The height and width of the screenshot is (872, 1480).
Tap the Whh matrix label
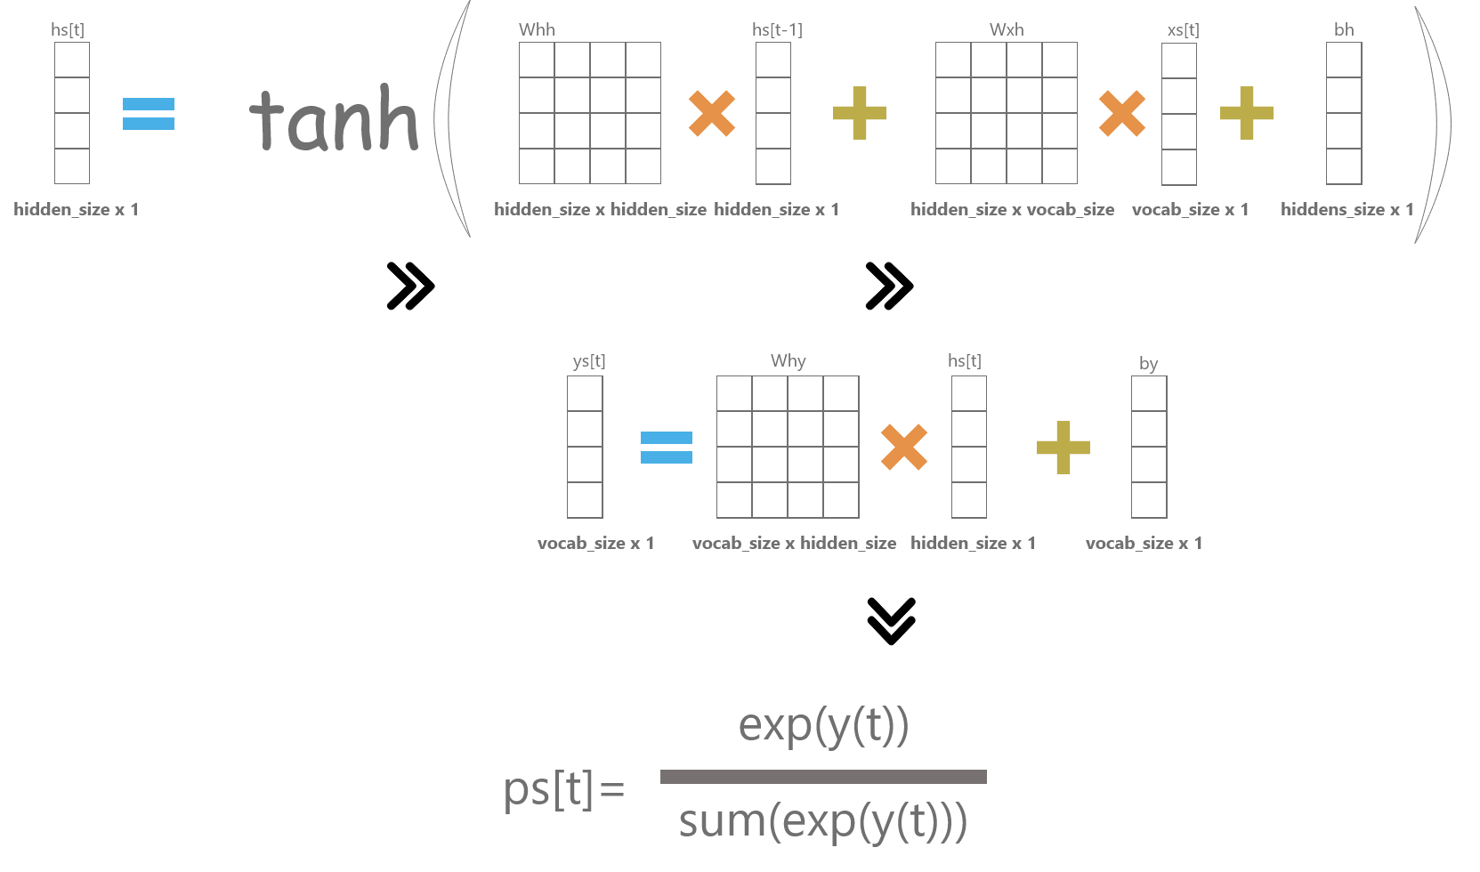537,29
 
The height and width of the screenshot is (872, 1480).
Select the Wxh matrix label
1007,29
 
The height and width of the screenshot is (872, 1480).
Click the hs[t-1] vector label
777,29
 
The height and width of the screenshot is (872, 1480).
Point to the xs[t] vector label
1183,29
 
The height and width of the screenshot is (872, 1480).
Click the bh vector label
1344,29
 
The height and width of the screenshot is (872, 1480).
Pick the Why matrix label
788,360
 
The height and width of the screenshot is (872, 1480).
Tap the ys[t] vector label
588,360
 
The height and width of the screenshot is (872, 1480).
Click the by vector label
1148,363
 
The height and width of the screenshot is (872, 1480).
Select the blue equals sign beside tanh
149,114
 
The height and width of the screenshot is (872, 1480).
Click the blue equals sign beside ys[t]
667,448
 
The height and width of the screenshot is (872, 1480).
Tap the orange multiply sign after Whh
712,113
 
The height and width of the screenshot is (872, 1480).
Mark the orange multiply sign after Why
904,447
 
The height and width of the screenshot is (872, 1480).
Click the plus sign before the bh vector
1247,113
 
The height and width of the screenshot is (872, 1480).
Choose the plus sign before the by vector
1063,447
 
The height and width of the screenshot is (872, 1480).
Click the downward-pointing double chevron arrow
891,620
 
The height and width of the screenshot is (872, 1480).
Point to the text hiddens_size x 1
1347,209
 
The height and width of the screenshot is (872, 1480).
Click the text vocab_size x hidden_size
794,543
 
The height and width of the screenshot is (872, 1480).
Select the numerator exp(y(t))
823,725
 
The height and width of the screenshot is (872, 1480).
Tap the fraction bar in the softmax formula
823,777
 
